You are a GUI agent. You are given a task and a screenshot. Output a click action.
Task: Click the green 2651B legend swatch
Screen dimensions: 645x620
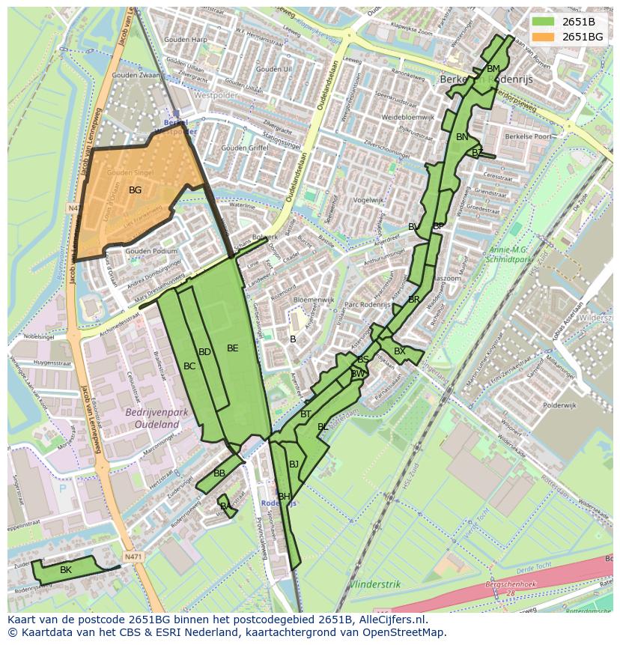(544, 22)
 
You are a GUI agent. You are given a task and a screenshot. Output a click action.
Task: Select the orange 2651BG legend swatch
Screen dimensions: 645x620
(544, 36)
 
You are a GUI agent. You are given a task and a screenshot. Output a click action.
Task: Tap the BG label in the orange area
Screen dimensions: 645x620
(135, 190)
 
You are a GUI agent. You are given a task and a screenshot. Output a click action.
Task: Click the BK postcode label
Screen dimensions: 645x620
(66, 570)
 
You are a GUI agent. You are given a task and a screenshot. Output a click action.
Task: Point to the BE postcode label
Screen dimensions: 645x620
(232, 348)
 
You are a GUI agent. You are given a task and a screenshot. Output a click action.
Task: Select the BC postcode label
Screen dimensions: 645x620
(189, 366)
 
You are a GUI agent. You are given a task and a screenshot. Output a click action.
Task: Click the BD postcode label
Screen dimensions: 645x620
(204, 352)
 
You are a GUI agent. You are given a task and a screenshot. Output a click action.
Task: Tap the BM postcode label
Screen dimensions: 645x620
(493, 69)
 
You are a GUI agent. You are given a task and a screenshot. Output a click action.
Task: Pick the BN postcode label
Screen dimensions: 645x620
(462, 137)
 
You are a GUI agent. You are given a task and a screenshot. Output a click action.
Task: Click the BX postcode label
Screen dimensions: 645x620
(400, 351)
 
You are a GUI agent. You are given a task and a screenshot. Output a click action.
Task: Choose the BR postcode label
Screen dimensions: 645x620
(414, 300)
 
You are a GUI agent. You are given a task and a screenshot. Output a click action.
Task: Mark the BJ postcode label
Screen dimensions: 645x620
(294, 464)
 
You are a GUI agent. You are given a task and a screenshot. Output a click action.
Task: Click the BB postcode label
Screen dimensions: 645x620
(219, 473)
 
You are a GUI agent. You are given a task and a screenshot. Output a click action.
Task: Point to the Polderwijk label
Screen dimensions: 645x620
(559, 405)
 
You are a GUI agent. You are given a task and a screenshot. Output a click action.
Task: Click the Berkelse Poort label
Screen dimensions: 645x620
(529, 137)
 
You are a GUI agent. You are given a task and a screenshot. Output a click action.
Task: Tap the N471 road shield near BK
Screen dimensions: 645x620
(133, 557)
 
